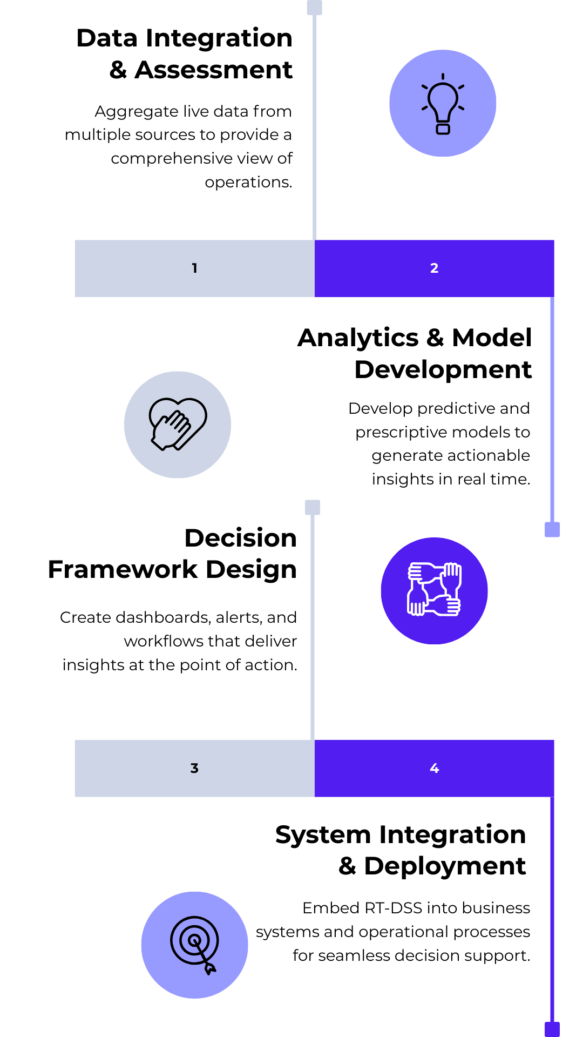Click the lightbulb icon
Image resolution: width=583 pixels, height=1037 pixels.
pyautogui.click(x=443, y=104)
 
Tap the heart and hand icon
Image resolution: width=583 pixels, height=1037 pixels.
pyautogui.click(x=178, y=424)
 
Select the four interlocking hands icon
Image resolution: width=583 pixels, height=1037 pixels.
pyautogui.click(x=434, y=589)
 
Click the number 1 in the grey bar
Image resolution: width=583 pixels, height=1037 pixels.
pyautogui.click(x=194, y=268)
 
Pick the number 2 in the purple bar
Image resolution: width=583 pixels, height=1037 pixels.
pyautogui.click(x=434, y=268)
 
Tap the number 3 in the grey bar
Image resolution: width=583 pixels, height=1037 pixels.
pyautogui.click(x=194, y=768)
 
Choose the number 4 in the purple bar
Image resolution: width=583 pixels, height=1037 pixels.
pyautogui.click(x=434, y=768)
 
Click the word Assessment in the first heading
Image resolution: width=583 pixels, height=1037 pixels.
pyautogui.click(x=213, y=70)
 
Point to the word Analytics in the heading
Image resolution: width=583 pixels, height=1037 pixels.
pyautogui.click(x=358, y=339)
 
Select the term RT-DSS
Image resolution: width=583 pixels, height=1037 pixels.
pyautogui.click(x=395, y=908)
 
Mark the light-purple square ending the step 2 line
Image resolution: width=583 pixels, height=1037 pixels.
pyautogui.click(x=552, y=529)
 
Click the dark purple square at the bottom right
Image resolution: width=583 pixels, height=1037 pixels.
pyautogui.click(x=552, y=1029)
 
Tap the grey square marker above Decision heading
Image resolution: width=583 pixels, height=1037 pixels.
pyautogui.click(x=313, y=507)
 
